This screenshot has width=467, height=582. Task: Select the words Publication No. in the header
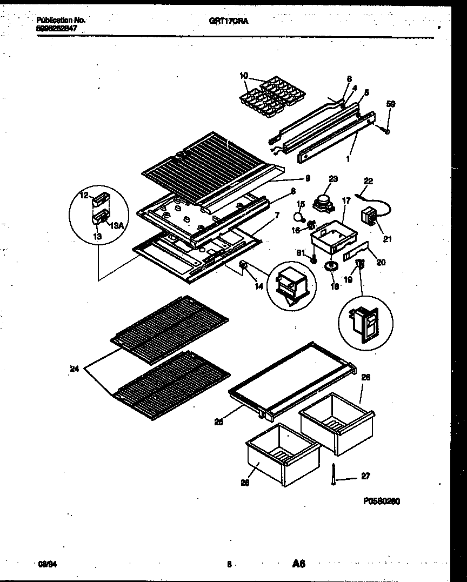click(x=61, y=20)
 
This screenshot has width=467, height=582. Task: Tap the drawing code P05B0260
click(x=382, y=501)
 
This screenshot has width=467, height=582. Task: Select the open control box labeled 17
click(x=331, y=236)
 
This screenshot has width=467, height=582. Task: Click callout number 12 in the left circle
click(x=84, y=196)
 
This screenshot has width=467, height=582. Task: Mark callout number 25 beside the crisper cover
click(x=218, y=422)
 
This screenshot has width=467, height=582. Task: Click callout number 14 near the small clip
click(x=259, y=286)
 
